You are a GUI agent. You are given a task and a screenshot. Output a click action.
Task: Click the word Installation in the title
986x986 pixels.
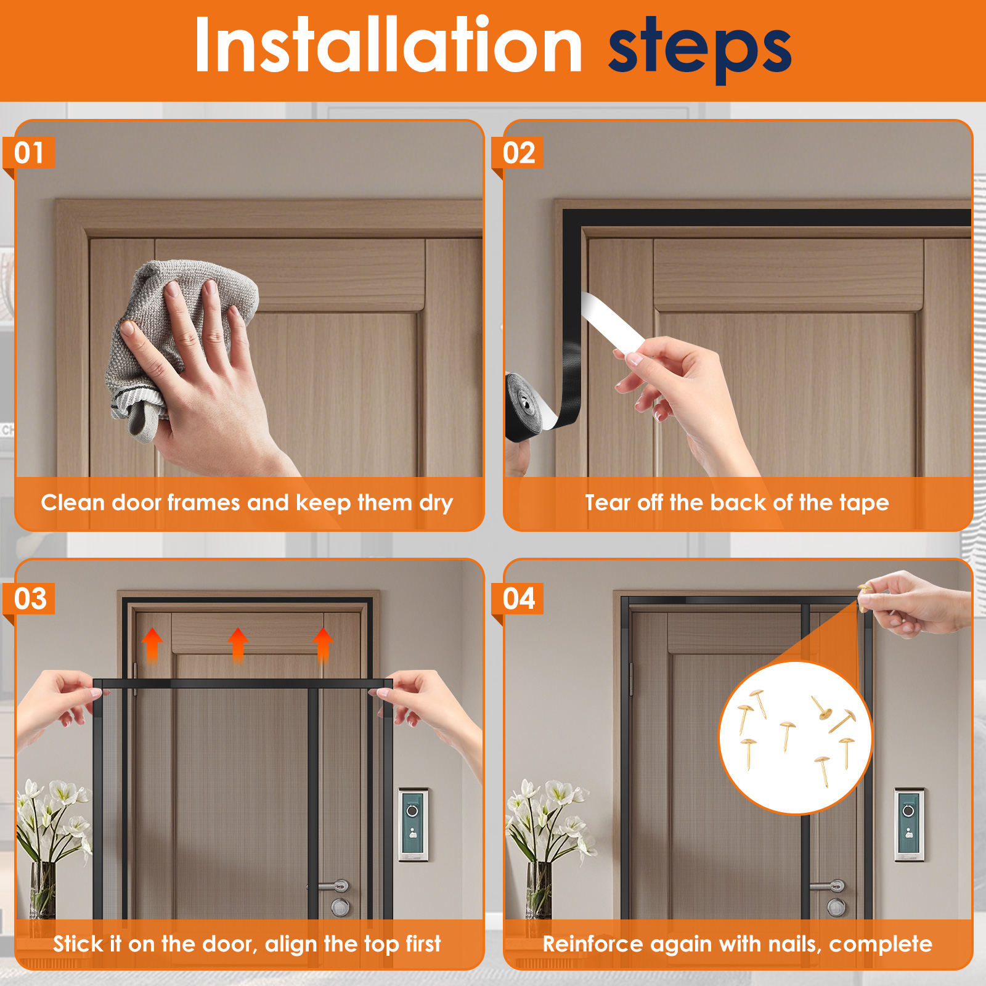(388, 46)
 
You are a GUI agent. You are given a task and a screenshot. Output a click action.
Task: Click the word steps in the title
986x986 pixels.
(699, 49)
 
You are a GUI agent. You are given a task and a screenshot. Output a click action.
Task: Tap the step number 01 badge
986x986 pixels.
(29, 153)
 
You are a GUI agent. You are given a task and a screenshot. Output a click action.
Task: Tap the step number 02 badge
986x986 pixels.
(518, 153)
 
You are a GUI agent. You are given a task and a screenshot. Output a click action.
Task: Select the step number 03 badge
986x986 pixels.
(30, 598)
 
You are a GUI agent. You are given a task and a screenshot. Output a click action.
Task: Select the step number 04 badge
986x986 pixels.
(518, 598)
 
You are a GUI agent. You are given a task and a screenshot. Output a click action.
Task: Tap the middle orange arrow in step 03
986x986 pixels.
(238, 644)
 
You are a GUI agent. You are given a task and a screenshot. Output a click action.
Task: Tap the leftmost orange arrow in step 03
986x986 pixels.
(152, 644)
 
